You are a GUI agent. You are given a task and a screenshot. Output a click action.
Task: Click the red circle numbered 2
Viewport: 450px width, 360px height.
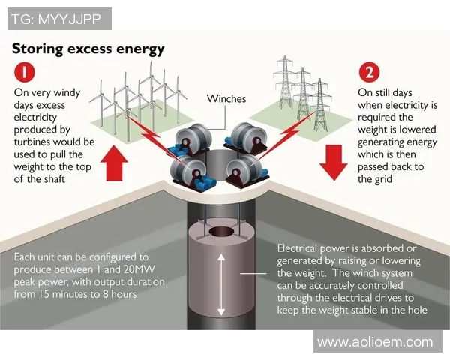[369, 73]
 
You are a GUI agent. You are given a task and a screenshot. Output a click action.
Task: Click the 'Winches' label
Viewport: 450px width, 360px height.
[226, 99]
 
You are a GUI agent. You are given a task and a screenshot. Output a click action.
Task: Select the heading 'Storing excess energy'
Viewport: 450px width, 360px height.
[88, 49]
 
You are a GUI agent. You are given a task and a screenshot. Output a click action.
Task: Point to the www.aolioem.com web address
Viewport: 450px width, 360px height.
[375, 342]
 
